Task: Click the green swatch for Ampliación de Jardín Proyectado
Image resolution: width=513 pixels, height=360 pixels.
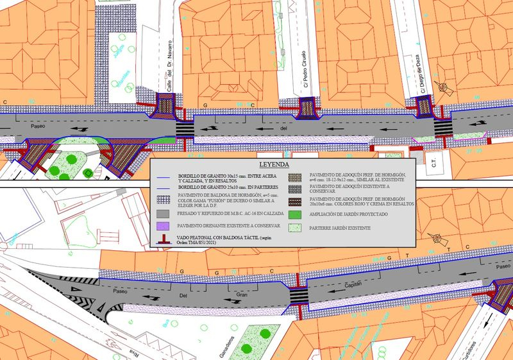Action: pos(294,214)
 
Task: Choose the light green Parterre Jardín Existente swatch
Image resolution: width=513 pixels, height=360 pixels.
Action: pos(294,227)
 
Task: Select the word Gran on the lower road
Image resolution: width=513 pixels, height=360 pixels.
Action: pos(242,295)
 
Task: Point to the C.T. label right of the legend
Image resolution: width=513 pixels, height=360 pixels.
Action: pos(433,166)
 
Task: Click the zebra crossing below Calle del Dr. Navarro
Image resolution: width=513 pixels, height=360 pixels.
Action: pos(185,128)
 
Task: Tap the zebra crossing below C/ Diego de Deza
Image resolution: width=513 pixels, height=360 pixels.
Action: pos(442,126)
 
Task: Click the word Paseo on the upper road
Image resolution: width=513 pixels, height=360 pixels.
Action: pos(38,126)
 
